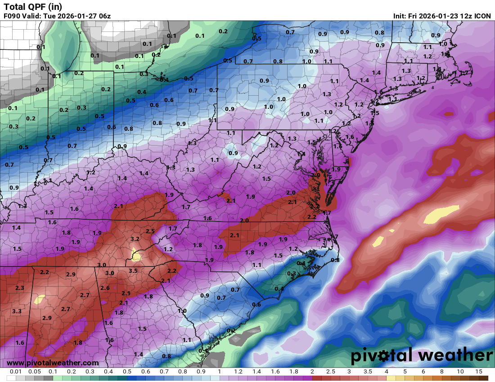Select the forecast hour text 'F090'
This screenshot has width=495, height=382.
pyautogui.click(x=13, y=16)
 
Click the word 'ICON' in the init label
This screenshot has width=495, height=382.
pyautogui.click(x=482, y=16)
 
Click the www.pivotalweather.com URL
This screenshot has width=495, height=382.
pyautogui.click(x=53, y=363)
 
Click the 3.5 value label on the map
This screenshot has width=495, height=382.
pyautogui.click(x=133, y=271)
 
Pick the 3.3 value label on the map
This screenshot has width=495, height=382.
pyautogui.click(x=17, y=311)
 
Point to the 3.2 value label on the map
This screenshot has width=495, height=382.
pyautogui.click(x=135, y=239)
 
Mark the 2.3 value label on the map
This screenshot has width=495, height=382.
pyautogui.click(x=19, y=288)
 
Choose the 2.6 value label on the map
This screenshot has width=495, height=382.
pyautogui.click(x=105, y=288)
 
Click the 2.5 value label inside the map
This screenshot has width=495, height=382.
pyautogui.click(x=150, y=231)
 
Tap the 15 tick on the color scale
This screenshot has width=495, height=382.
pyautogui.click(x=478, y=372)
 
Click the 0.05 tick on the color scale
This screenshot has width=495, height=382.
pyautogui.click(x=34, y=372)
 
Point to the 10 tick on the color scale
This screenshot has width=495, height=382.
pyautogui.click(x=460, y=372)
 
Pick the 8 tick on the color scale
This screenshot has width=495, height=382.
pyautogui.click(x=441, y=372)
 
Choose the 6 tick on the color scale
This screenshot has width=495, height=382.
pyautogui.click(x=423, y=372)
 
